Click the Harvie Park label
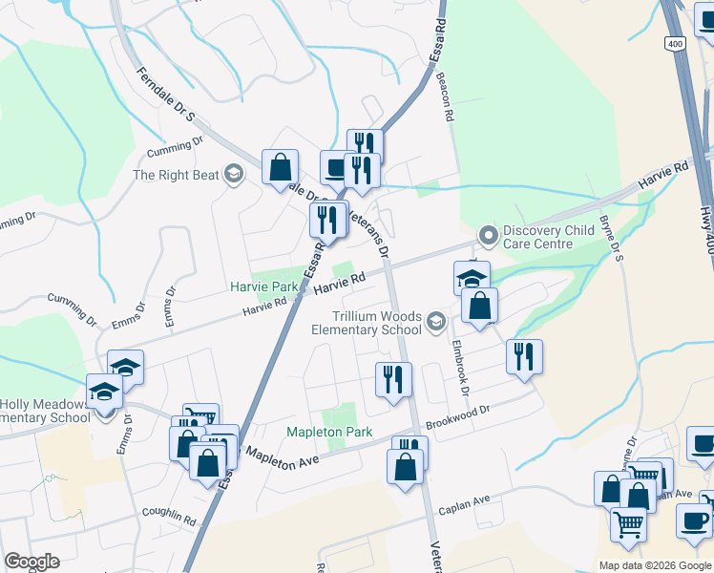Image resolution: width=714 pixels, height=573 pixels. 264,286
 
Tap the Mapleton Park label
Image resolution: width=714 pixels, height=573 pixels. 329,432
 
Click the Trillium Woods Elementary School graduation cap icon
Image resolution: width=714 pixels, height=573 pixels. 436,320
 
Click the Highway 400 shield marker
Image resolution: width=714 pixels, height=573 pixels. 676,45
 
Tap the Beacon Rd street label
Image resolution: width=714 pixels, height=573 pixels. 444,98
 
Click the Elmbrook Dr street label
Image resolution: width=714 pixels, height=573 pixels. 460,368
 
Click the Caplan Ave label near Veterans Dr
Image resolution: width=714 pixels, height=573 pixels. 464,504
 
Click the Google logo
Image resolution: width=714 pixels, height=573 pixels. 31,562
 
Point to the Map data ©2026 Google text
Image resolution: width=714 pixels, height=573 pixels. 654,565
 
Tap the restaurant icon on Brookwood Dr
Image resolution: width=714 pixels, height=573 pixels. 524,357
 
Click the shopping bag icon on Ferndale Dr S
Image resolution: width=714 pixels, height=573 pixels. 280,167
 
